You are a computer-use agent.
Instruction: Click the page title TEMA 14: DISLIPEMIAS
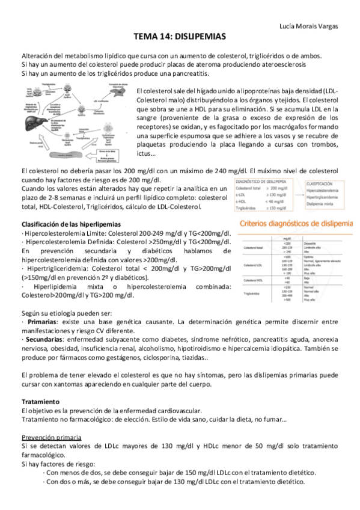pos(180,36)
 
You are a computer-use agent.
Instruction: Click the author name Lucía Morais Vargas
pos(309,26)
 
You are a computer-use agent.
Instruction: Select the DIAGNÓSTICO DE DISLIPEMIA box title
pos(260,180)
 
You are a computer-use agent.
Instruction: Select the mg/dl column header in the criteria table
pos(287,239)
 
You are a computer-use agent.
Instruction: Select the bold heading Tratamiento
pos(40,401)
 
